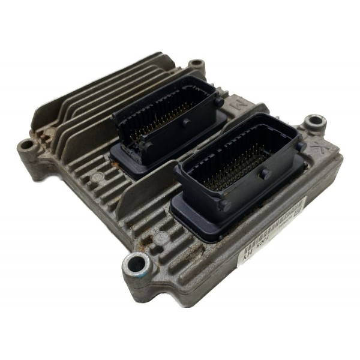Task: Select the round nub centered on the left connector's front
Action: pos(186,122)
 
